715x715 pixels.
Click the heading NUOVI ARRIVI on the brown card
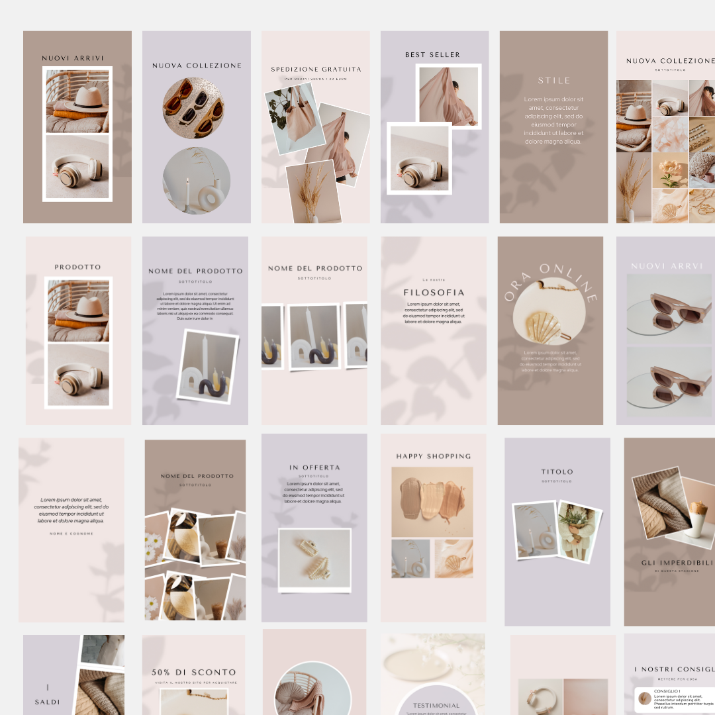click(73, 58)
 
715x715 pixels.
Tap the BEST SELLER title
click(432, 55)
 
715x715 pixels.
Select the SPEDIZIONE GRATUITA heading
click(316, 69)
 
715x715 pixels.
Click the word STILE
click(554, 80)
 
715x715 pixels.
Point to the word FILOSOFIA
click(434, 292)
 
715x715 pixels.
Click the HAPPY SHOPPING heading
click(434, 456)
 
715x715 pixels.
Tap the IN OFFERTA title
click(314, 467)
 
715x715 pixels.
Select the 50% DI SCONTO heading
click(193, 672)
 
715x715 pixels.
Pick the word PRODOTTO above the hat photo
click(78, 267)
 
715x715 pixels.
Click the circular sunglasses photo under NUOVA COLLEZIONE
click(193, 108)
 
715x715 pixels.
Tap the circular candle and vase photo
click(196, 181)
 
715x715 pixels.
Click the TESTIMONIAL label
click(436, 706)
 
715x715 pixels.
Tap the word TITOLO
click(557, 472)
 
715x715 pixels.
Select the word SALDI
click(47, 702)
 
